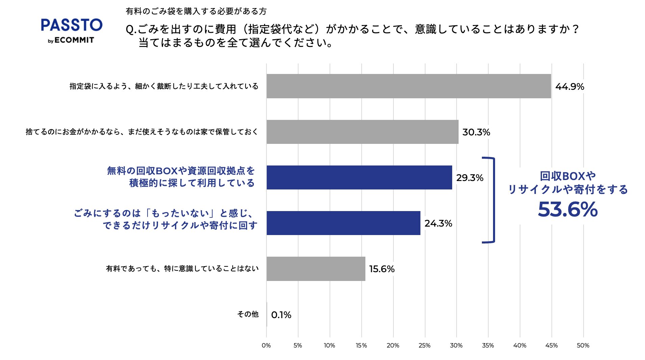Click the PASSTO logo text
(x=72, y=25)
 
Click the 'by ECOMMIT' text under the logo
(x=71, y=40)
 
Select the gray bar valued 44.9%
(x=409, y=86)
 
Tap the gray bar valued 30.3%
(x=362, y=132)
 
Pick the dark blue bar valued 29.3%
(x=359, y=177)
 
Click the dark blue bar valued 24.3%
(x=343, y=223)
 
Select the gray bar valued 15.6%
(x=316, y=268)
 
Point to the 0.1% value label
(x=281, y=315)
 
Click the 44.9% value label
(x=570, y=86)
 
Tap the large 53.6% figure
(x=568, y=209)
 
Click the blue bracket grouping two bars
(x=493, y=200)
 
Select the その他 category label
(x=248, y=314)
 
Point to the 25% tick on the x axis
(x=424, y=345)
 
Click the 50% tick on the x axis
(x=583, y=345)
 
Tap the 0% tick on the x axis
(x=266, y=345)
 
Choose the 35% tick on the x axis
(x=488, y=345)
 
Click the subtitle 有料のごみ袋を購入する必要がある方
(x=196, y=11)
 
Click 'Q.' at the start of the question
(x=131, y=30)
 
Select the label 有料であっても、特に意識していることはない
(x=182, y=268)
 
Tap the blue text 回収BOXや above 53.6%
(x=568, y=176)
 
